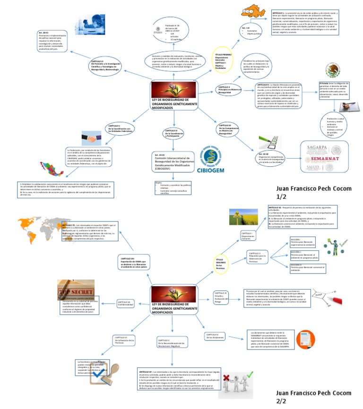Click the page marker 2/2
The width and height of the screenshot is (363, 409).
point(282,401)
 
